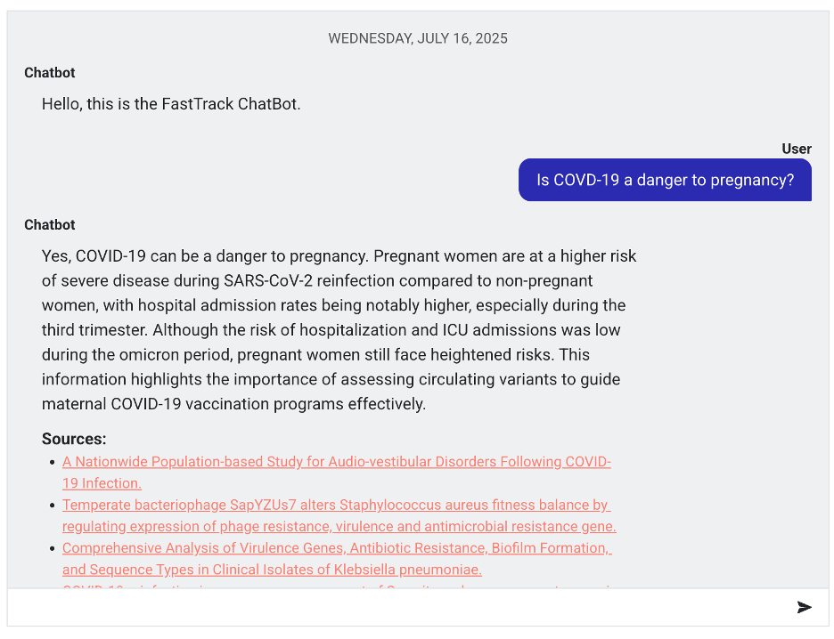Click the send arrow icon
click(804, 607)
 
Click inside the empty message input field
click(392, 607)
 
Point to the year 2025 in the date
click(491, 38)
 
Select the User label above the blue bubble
click(797, 149)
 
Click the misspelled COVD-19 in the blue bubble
click(586, 180)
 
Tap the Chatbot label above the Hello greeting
click(50, 73)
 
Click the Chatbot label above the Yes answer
click(50, 225)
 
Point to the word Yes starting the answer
click(55, 256)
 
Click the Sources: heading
click(74, 439)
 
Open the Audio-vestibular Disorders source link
click(336, 462)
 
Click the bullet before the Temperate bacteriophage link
click(53, 506)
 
